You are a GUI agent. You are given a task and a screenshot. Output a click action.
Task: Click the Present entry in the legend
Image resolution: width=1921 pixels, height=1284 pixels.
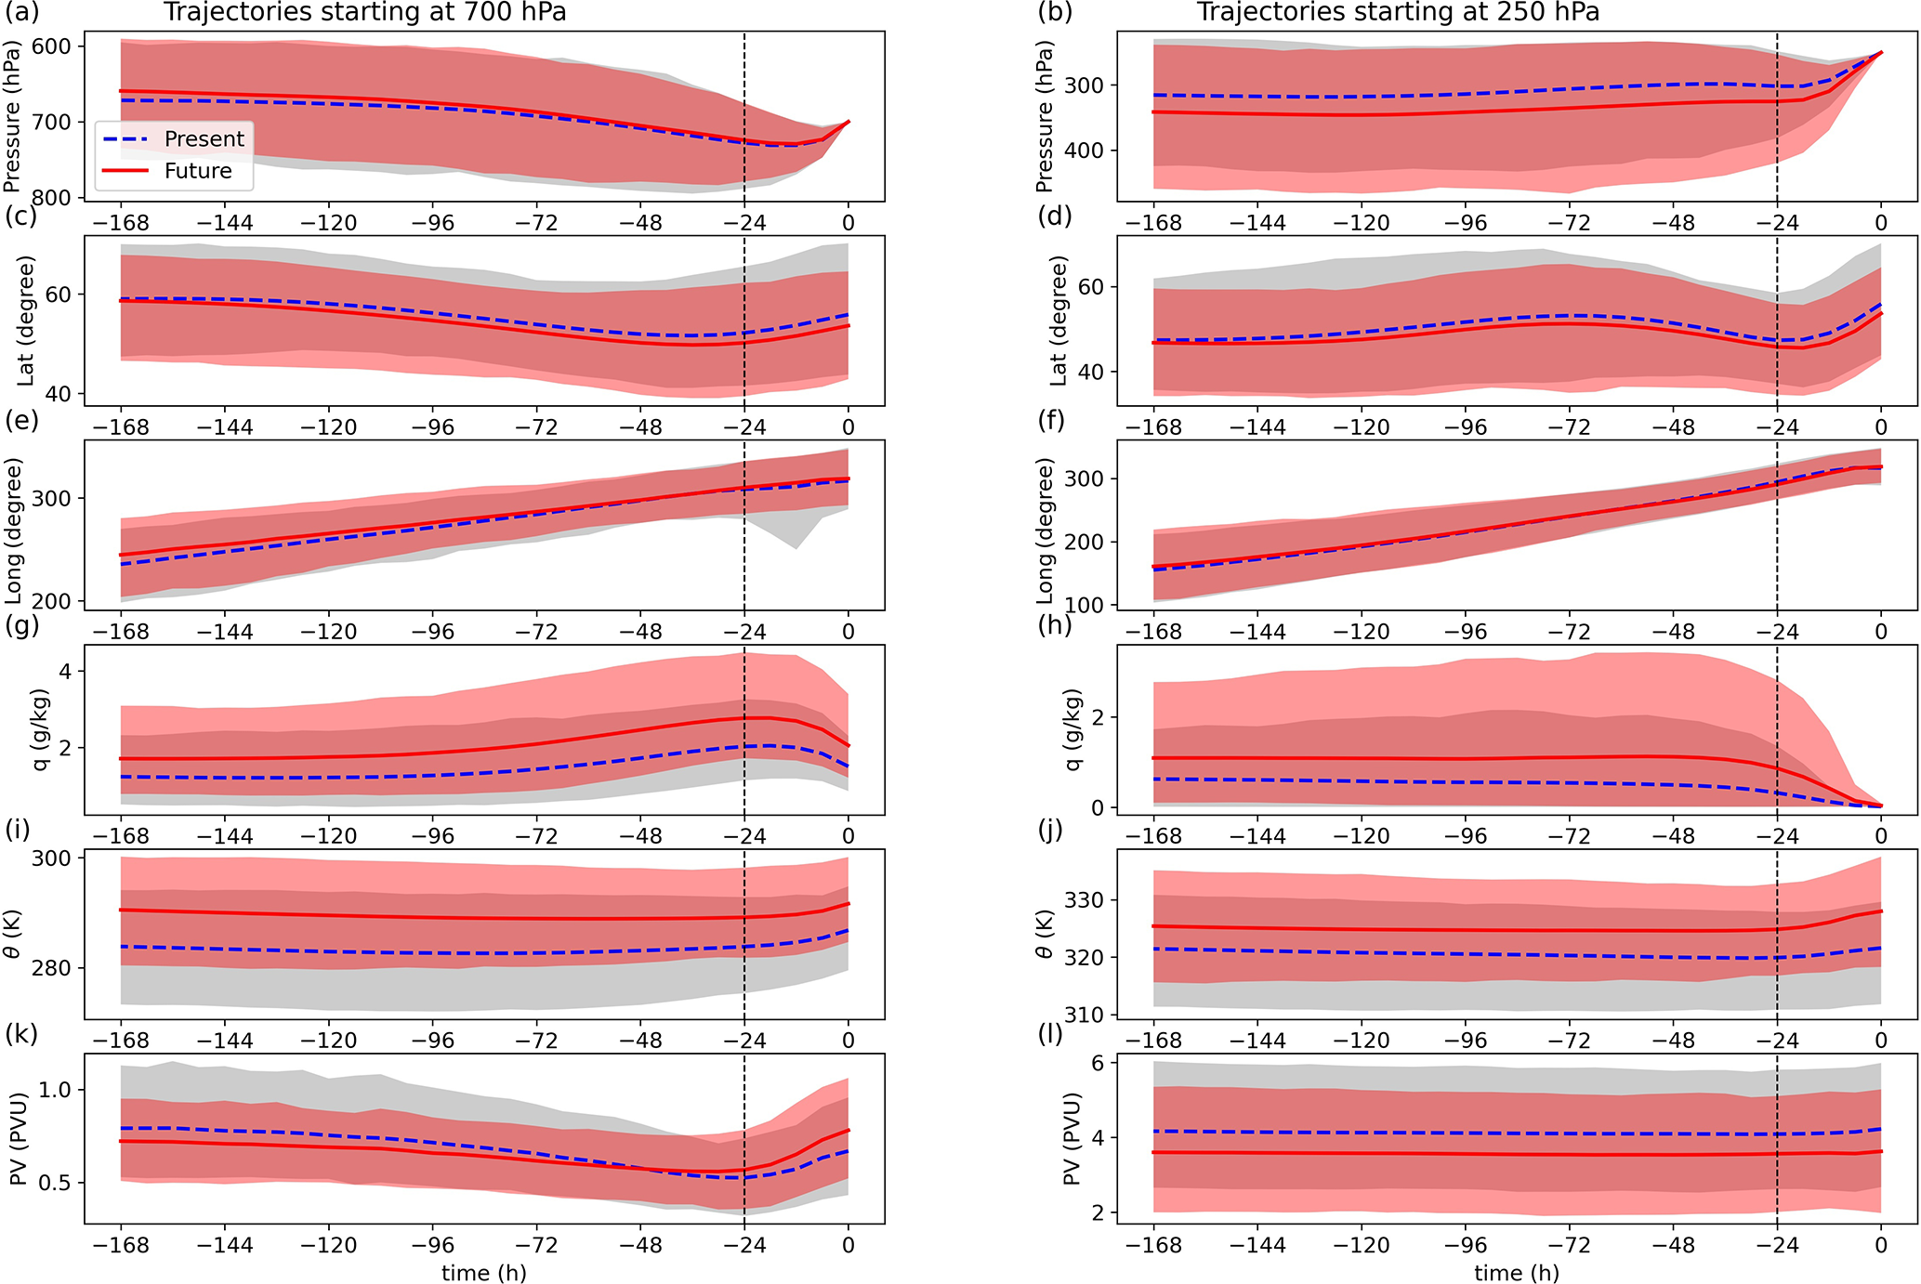[x=204, y=139]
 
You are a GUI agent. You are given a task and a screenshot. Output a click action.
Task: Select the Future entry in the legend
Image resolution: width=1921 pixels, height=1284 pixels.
[x=197, y=171]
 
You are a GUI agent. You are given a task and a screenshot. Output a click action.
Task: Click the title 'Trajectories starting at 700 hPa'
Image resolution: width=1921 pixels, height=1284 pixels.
[x=364, y=12]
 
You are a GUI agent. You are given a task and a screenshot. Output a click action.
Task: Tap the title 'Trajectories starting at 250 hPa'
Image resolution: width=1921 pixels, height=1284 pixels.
[x=1398, y=12]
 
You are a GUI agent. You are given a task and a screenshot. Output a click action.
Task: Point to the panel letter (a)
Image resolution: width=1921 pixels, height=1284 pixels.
[x=21, y=12]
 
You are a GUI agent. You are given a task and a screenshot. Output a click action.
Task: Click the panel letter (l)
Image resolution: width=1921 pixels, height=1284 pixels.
[x=1050, y=1033]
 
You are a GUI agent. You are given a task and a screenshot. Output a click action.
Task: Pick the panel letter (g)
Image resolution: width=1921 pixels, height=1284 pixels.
[x=21, y=624]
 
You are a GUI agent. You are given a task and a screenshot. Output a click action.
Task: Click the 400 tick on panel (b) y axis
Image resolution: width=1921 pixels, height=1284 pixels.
[x=1085, y=151]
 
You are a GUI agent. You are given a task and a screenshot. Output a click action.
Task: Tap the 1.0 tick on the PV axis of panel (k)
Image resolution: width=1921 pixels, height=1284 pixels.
[x=54, y=1089]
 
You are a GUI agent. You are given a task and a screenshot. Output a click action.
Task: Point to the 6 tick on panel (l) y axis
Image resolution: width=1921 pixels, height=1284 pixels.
[x=1098, y=1063]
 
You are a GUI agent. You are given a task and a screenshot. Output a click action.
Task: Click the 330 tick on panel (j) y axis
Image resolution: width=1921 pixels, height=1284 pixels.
[x=1085, y=900]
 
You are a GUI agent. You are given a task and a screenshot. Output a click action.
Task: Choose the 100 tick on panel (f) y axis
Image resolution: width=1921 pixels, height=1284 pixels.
[x=1085, y=605]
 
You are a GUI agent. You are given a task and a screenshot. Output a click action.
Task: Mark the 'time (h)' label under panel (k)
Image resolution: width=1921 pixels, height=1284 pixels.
[x=483, y=1272]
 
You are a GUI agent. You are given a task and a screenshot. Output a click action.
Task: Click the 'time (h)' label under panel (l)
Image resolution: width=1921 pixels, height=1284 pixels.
[x=1517, y=1272]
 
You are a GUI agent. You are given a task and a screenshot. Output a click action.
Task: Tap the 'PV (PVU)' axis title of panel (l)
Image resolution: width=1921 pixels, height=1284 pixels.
[x=1071, y=1138]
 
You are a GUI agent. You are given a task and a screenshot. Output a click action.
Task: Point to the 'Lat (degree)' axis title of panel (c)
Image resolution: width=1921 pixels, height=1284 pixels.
[x=25, y=321]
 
